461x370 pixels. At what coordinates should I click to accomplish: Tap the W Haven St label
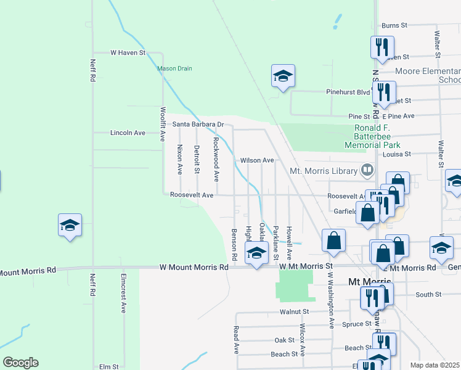(127, 53)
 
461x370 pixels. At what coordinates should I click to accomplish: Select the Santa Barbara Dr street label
(197, 124)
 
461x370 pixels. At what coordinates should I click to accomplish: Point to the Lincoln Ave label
(128, 133)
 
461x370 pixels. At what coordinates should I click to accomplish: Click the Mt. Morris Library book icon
(367, 169)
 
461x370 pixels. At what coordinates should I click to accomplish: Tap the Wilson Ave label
(257, 160)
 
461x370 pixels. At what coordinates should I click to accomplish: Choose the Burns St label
(394, 26)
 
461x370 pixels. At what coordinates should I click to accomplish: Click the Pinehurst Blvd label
(348, 92)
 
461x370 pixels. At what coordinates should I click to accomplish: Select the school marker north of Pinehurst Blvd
(283, 76)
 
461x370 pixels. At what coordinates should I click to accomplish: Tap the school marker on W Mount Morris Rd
(256, 252)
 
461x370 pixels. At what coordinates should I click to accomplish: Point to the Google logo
(20, 362)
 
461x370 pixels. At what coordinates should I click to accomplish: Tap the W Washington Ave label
(331, 300)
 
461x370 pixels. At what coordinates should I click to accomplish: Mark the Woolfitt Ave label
(163, 124)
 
